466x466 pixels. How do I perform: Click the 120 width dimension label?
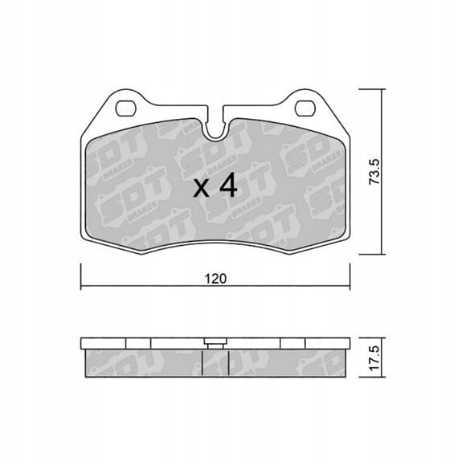tap(215, 279)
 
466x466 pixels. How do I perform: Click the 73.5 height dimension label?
tap(374, 172)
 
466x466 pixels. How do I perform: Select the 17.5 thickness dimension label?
tap(374, 358)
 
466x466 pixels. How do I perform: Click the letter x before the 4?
tap(201, 189)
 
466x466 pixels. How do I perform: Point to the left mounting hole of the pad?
tap(125, 108)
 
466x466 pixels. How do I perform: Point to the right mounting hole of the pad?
tap(305, 108)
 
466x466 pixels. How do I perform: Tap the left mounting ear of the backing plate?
tap(125, 107)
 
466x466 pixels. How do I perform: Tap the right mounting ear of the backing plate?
tap(306, 107)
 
